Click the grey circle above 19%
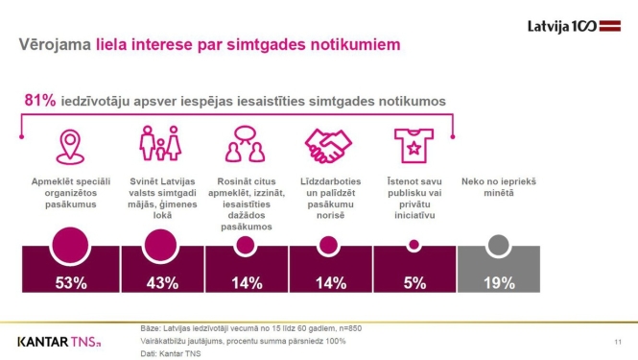[x=497, y=246]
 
